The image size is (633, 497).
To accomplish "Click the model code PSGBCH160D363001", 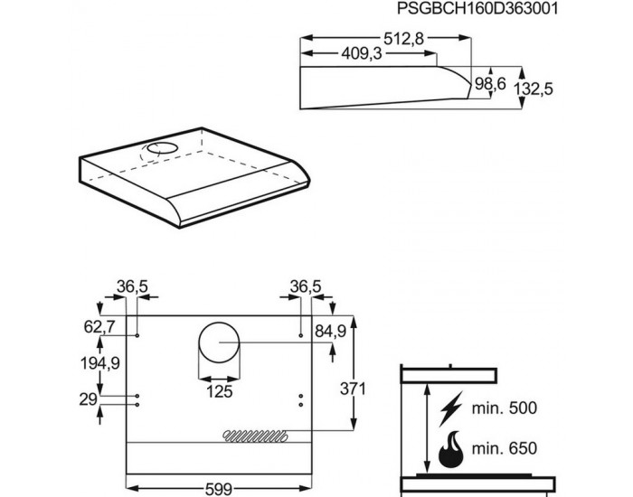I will point(468,10).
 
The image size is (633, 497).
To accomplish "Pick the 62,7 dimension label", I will point(97,326).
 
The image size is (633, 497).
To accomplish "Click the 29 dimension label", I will point(88,398).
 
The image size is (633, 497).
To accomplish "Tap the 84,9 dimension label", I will point(330,330).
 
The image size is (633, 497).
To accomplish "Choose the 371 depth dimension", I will point(353,389).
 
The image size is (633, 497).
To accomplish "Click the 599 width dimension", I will point(216,488).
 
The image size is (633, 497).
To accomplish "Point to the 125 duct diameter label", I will point(219,391).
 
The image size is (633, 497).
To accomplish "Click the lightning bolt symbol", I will point(449,410).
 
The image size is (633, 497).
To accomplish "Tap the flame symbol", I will point(449,448).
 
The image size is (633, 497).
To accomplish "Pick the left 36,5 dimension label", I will point(133,287).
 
